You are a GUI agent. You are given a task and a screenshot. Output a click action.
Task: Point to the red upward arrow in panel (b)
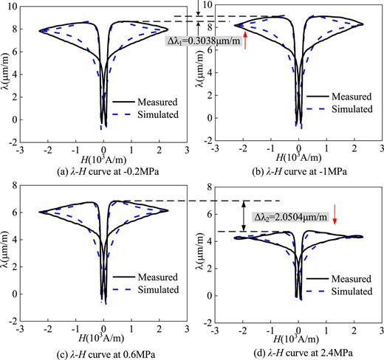click(x=244, y=42)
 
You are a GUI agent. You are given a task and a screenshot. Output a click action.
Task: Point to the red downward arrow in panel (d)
click(x=335, y=214)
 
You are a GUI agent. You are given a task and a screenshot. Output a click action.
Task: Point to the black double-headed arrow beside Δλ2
click(x=244, y=216)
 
